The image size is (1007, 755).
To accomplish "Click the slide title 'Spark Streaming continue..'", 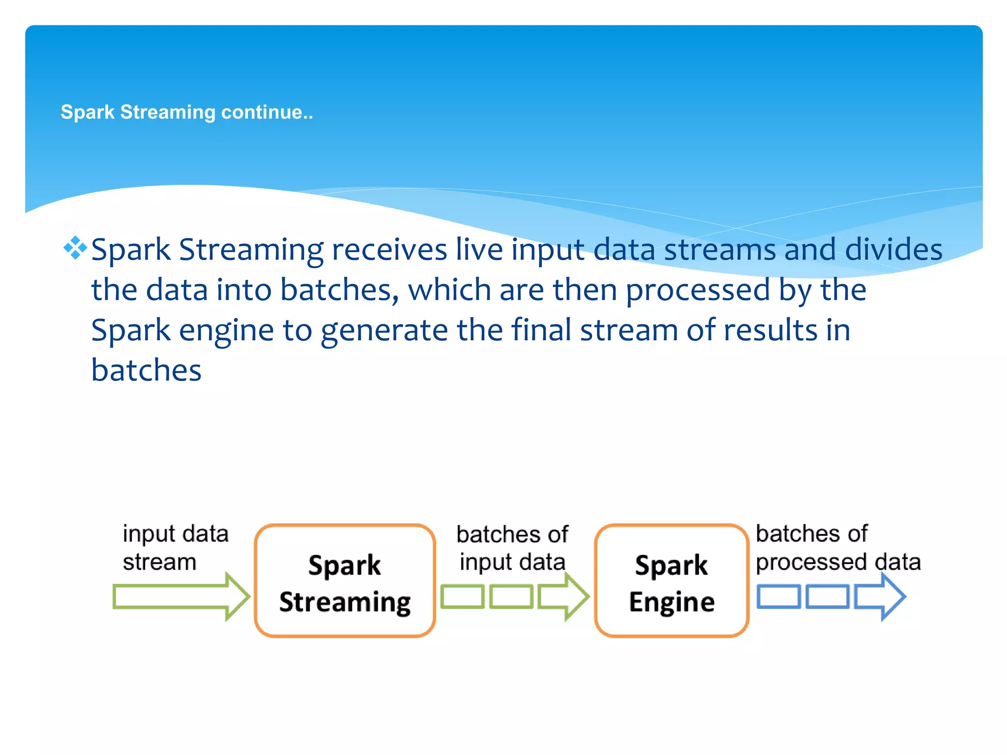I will click(186, 113).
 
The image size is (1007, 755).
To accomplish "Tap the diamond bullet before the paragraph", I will click(75, 248).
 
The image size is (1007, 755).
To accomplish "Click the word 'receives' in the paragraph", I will click(389, 250).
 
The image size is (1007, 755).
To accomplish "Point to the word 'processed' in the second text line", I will click(697, 290).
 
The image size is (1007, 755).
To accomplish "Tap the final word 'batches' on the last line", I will click(146, 370).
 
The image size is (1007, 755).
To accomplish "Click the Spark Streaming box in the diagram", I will click(345, 581).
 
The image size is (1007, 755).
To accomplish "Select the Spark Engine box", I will click(671, 581).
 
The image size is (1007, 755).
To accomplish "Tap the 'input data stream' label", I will click(175, 547).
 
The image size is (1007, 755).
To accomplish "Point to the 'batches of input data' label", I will click(512, 548).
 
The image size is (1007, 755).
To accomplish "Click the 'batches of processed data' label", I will click(837, 547).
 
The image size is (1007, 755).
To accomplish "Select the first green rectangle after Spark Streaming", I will click(462, 597).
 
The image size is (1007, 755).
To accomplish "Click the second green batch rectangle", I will click(511, 597).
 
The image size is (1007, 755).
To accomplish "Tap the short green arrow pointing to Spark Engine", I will click(563, 597).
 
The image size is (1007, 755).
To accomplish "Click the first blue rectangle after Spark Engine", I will click(778, 597).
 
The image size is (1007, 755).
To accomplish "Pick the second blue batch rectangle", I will click(828, 597).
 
